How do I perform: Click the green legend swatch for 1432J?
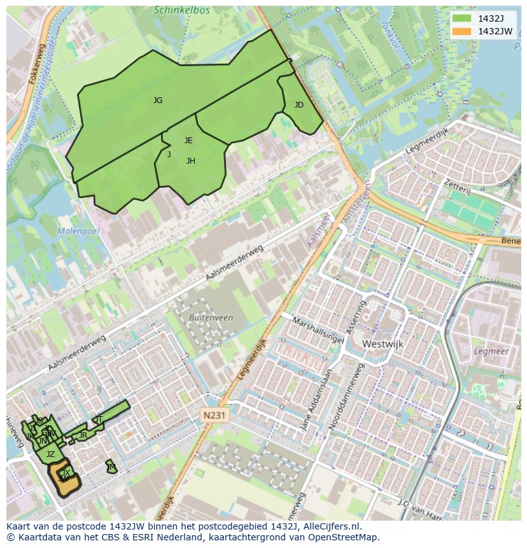(461, 18)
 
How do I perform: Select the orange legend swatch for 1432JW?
(461, 31)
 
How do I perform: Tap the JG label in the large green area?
(158, 101)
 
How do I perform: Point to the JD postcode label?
(299, 105)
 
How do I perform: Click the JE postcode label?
(188, 141)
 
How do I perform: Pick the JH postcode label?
(191, 161)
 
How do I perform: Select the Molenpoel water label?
(78, 231)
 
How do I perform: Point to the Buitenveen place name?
(211, 318)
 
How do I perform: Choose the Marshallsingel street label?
(318, 330)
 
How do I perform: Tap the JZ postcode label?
(50, 454)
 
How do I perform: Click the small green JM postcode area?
(111, 467)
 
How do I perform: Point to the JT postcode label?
(99, 419)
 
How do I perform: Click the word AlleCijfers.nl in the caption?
(332, 526)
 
